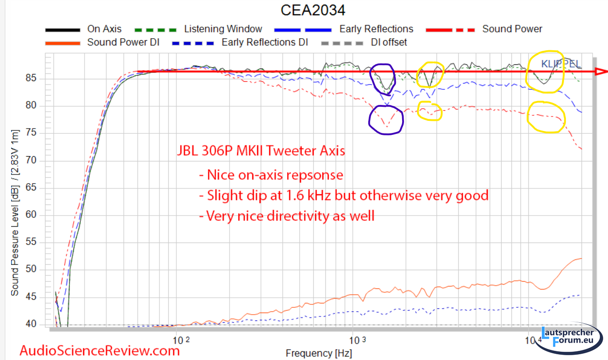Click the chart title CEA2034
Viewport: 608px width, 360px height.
pos(313,10)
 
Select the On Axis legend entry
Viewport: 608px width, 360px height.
pos(104,29)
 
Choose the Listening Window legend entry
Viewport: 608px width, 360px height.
pos(223,29)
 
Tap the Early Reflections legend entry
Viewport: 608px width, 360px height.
pos(376,29)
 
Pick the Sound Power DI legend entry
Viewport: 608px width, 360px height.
pos(123,42)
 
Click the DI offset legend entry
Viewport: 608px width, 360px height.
pos(389,42)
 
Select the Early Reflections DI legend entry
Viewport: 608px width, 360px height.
pos(264,42)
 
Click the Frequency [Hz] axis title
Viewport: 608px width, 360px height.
pos(319,353)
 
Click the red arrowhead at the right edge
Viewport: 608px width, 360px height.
pos(601,72)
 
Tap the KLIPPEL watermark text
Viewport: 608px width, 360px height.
pos(561,64)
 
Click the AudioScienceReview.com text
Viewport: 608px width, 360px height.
pos(100,350)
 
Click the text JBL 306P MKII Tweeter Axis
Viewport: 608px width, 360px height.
pos(261,151)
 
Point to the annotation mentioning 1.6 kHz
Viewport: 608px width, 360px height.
pos(347,195)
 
